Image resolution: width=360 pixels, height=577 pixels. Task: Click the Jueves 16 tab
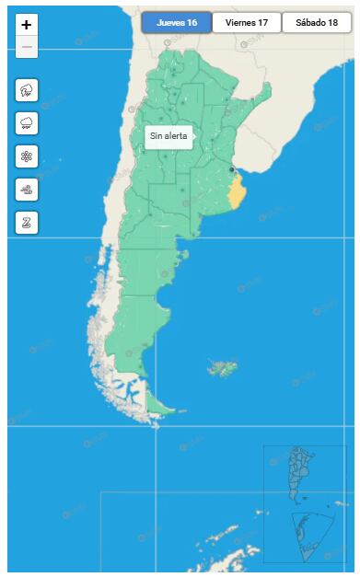click(177, 23)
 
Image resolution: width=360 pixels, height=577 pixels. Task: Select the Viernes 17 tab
click(247, 23)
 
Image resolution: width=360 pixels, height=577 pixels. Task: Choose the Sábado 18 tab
click(317, 23)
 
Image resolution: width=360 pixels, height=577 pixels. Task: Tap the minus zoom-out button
click(27, 47)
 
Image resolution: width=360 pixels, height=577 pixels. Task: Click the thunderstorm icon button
click(27, 90)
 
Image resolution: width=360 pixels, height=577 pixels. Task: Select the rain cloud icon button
click(27, 123)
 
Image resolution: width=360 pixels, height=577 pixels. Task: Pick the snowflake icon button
click(27, 156)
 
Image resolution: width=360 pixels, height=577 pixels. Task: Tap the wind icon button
click(27, 190)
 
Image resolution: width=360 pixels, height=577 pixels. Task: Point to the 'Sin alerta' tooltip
click(168, 135)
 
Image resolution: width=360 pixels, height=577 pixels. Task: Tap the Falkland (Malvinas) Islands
click(222, 369)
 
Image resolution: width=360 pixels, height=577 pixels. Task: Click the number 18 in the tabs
click(332, 23)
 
